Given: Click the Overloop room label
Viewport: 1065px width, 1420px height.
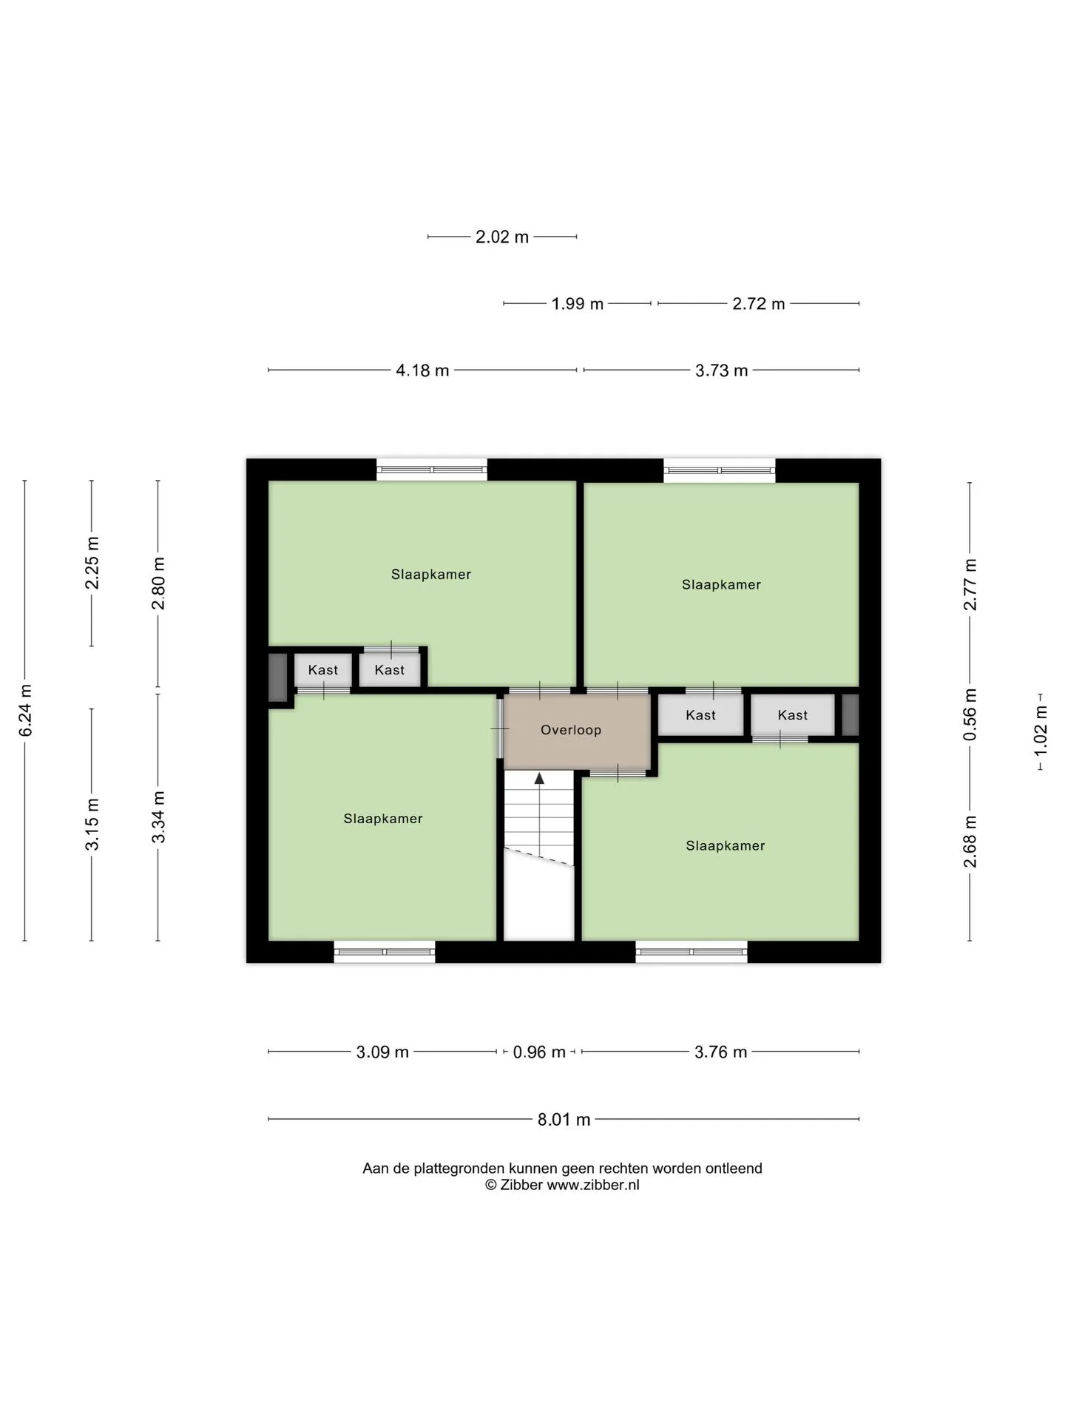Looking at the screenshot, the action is click(x=571, y=730).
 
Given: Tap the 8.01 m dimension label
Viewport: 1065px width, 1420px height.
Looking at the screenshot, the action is click(x=564, y=1120).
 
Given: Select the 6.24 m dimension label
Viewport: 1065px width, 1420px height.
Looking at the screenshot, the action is click(x=26, y=711).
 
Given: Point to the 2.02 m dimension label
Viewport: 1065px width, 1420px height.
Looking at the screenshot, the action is click(x=502, y=237).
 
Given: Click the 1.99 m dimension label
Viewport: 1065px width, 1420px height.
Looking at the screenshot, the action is click(x=578, y=304).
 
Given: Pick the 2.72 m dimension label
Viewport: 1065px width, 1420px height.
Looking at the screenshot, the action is click(x=759, y=304).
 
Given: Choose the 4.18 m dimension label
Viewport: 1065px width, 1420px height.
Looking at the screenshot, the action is click(x=423, y=371).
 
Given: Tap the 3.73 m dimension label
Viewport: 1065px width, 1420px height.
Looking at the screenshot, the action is click(x=722, y=371).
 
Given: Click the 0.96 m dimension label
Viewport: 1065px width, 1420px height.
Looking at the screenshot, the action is click(x=539, y=1052).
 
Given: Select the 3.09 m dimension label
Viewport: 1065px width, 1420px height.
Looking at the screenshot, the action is click(x=382, y=1052).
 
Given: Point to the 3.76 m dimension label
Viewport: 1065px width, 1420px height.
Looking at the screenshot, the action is click(x=721, y=1052).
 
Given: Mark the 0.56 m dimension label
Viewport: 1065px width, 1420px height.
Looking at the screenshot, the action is click(x=970, y=714).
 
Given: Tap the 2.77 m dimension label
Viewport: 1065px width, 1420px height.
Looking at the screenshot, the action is click(x=970, y=585).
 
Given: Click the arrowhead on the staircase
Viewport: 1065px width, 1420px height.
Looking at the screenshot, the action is click(x=540, y=778).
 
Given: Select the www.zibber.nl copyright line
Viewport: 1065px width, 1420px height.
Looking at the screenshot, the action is click(x=562, y=1185).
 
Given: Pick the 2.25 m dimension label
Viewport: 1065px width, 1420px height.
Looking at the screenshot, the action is click(x=92, y=564).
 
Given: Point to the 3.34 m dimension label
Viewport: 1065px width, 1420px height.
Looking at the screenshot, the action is click(x=158, y=817).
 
